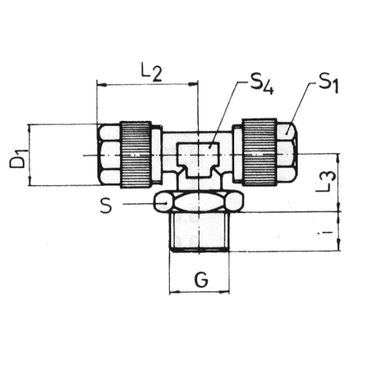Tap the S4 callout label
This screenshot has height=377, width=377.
click(x=262, y=83)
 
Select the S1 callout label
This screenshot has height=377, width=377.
click(x=328, y=83)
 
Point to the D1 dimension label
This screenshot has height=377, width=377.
click(x=18, y=158)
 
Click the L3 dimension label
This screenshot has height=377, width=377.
click(x=325, y=181)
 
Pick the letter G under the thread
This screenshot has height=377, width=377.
click(x=201, y=280)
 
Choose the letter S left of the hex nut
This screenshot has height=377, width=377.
click(x=106, y=205)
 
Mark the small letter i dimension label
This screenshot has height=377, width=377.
click(x=325, y=232)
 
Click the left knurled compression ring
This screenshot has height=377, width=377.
click(x=136, y=155)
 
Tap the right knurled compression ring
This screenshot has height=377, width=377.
click(x=259, y=152)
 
